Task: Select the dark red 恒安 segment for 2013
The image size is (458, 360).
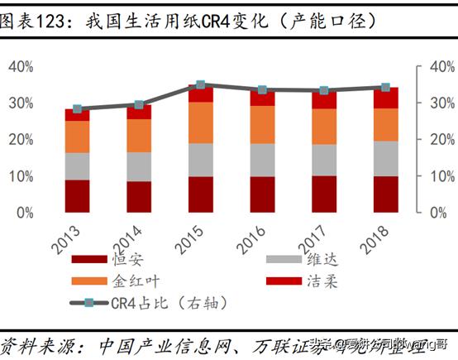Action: coord(77,196)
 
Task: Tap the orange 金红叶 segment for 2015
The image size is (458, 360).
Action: coord(201,122)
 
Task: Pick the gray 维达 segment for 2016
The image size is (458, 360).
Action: coord(262,160)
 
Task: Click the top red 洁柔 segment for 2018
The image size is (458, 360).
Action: coord(385,98)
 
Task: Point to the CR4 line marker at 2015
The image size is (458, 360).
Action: coord(201,85)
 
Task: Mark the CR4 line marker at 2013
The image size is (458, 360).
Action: coord(77,108)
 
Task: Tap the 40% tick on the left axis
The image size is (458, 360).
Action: coord(21,67)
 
